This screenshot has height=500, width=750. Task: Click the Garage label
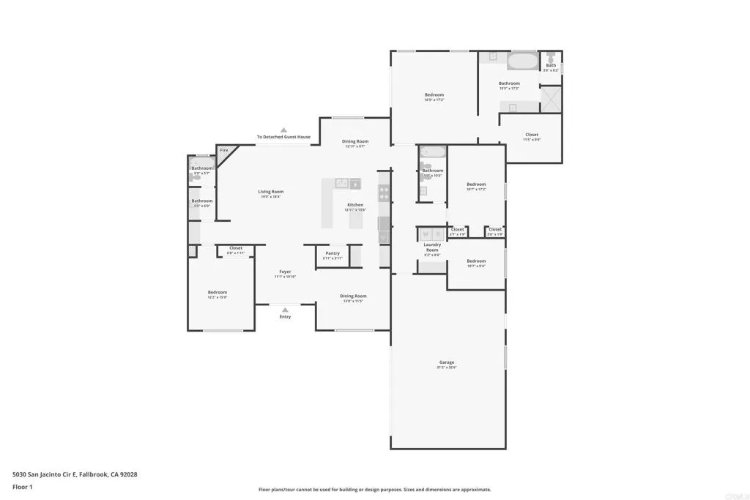click(x=447, y=362)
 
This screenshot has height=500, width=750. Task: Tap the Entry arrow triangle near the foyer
click(x=285, y=310)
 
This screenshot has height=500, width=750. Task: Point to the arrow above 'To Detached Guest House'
click(x=283, y=130)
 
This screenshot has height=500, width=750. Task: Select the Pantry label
click(x=333, y=253)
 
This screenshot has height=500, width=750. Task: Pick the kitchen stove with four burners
click(x=384, y=193)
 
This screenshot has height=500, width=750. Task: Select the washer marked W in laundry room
click(x=425, y=234)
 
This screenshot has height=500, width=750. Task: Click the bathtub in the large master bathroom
click(x=522, y=60)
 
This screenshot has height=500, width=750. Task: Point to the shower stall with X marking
click(x=552, y=99)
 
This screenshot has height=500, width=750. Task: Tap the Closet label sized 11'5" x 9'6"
click(x=532, y=135)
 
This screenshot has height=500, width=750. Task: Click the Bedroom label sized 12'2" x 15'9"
click(x=218, y=292)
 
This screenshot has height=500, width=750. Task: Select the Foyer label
click(x=285, y=272)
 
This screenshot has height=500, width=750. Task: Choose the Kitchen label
click(x=355, y=205)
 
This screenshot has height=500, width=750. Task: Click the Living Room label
click(x=270, y=192)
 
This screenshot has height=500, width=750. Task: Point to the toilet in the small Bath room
click(x=551, y=56)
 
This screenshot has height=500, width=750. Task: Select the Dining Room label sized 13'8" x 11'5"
click(x=353, y=296)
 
